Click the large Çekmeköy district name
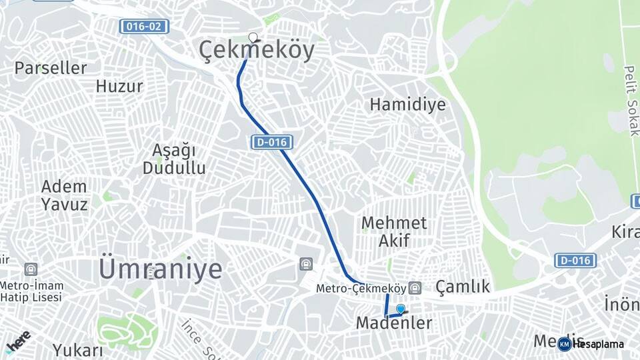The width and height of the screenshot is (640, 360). coord(257,51)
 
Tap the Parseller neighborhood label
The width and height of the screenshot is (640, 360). coord(51,68)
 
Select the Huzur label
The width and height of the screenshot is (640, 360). coord(119,87)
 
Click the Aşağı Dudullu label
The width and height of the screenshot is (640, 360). coord(174,159)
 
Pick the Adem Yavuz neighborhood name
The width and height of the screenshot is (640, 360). coord(64,195)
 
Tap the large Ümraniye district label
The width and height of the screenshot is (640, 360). coord(161,269)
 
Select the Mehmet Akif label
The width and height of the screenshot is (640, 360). coord(393,231)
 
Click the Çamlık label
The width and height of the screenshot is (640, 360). coord(463,287)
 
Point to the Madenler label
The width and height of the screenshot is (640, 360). coord(393,323)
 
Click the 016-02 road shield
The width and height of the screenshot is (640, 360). coord(144,27)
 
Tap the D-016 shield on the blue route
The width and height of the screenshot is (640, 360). coord(272,142)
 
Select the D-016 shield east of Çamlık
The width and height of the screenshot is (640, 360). coord(575,260)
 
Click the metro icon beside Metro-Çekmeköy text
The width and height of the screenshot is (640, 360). coord(415,288)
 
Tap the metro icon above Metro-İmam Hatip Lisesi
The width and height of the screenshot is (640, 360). coord(31,269)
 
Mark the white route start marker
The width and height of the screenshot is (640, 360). coord(253,37)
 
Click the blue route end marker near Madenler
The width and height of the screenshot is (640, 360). coord(401,309)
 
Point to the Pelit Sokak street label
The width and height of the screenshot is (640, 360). coord(631,100)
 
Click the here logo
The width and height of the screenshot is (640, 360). coord(18,340)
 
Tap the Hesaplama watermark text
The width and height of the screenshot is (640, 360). coord(598,344)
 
